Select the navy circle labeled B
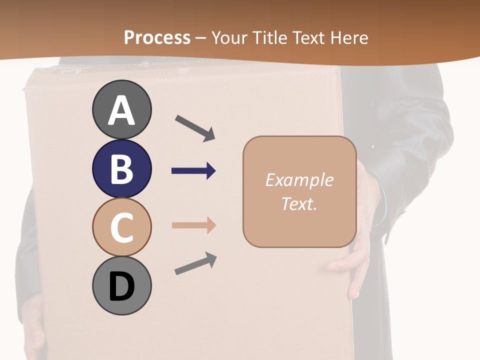coord(121,168)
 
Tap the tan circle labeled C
coord(121,227)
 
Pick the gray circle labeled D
coord(121,285)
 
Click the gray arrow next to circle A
coord(195,128)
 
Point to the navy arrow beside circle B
coord(193,171)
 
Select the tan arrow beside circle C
coord(193,225)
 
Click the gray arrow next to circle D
coord(195,263)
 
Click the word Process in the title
coord(157,37)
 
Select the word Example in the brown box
coord(299,180)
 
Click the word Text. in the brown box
coord(299,203)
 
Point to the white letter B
coord(121,168)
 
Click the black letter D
coord(121,286)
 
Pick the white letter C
coord(121,227)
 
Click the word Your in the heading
coord(229,37)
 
